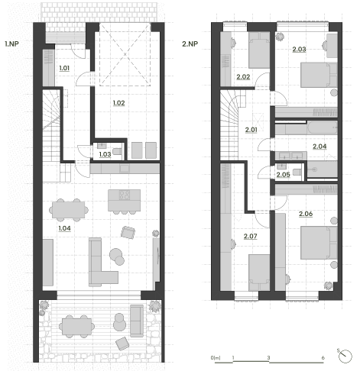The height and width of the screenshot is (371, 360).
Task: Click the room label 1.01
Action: click(x=64, y=68)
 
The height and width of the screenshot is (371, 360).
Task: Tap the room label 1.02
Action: click(x=118, y=103)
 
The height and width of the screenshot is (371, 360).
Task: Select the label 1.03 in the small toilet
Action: click(x=105, y=154)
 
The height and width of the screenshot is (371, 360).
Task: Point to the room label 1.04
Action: click(x=64, y=228)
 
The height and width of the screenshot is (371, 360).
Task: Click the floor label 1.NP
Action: click(x=11, y=44)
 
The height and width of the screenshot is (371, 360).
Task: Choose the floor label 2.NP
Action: click(x=190, y=44)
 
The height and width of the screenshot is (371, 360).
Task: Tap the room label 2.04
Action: click(x=319, y=147)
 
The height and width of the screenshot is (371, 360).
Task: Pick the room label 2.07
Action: click(x=250, y=236)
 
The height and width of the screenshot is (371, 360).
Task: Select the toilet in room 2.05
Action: click(x=297, y=172)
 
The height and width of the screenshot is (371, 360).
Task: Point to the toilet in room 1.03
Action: click(x=117, y=152)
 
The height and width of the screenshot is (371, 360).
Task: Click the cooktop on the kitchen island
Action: click(x=125, y=195)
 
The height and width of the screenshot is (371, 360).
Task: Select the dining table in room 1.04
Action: click(x=69, y=210)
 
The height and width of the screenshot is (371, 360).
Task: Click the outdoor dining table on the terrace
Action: click(x=76, y=327)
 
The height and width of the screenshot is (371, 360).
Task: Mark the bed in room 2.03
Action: click(x=319, y=75)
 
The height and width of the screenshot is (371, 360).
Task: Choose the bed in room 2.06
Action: click(x=319, y=243)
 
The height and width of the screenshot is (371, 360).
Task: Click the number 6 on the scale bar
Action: click(x=323, y=357)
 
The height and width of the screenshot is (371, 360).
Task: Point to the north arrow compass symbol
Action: click(x=345, y=356)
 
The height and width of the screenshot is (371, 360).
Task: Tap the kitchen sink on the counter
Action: click(x=125, y=169)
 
